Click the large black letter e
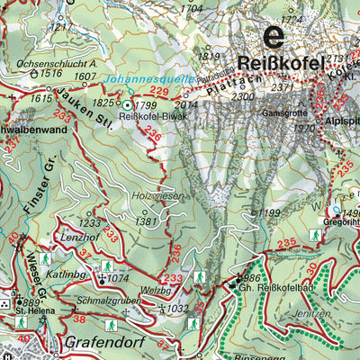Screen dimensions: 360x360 273,37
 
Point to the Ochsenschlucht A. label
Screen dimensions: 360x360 57,65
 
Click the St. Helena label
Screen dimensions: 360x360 31,311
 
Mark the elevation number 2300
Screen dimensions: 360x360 242,96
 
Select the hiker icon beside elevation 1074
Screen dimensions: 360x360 105,266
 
